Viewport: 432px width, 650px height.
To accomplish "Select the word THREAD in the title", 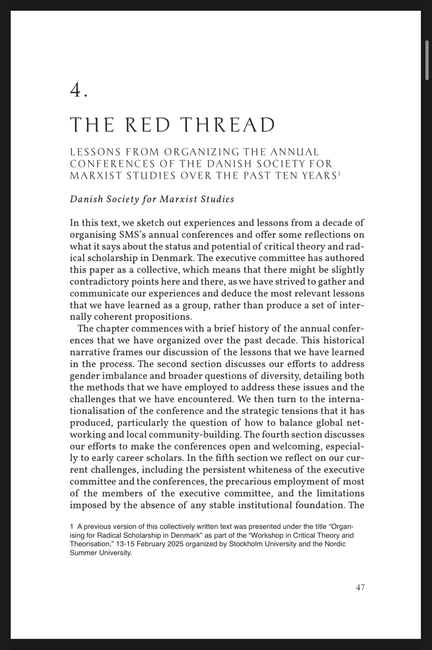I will click(x=229, y=125).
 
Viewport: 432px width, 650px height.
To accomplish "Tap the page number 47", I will click(x=360, y=587).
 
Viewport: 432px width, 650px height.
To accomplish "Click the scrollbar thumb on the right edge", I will click(x=427, y=61).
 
